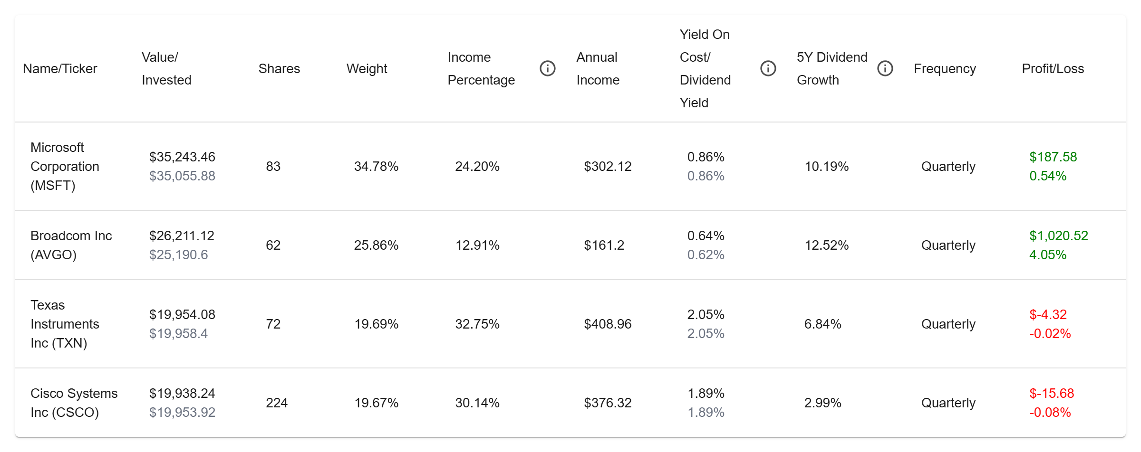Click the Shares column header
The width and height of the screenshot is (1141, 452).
[279, 69]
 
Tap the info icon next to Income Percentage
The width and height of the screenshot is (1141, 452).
[548, 68]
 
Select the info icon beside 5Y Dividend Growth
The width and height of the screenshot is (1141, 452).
[885, 68]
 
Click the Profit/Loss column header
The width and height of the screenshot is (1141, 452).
[1053, 69]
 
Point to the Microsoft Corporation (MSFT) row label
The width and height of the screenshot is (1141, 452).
[65, 166]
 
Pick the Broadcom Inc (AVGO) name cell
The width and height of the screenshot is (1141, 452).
[71, 245]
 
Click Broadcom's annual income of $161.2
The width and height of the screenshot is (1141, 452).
[604, 245]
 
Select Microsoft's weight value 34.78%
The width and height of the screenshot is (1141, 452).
[376, 166]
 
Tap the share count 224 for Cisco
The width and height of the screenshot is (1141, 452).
[277, 403]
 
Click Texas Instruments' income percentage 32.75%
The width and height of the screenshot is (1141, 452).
[477, 324]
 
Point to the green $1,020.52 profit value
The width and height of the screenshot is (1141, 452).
[1059, 235]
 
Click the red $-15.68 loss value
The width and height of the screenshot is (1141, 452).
[1052, 393]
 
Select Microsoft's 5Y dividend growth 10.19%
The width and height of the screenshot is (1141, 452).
[827, 166]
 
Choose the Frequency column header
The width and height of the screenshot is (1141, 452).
[945, 69]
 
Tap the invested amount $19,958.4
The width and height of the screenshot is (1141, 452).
[178, 333]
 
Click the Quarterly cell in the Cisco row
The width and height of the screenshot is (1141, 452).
[948, 403]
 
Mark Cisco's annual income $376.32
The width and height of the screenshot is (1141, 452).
[608, 403]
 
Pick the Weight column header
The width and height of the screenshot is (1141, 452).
[367, 69]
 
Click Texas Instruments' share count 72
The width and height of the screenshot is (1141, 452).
[273, 324]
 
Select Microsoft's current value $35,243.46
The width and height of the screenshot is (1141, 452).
[182, 157]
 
